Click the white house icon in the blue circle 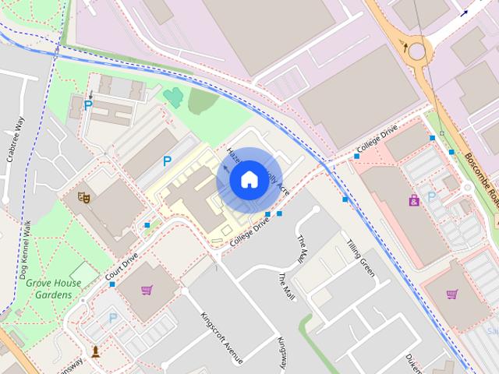pyautogui.click(x=249, y=179)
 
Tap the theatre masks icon pyautogui.click(x=83, y=197)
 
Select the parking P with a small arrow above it pyautogui.click(x=88, y=104)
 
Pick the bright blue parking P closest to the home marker pyautogui.click(x=167, y=161)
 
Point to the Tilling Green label pyautogui.click(x=361, y=258)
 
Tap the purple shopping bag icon pyautogui.click(x=413, y=200)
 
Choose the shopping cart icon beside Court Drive pyautogui.click(x=147, y=291)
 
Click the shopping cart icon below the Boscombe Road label pyautogui.click(x=452, y=295)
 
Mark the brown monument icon pyautogui.click(x=96, y=351)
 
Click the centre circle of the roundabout pyautogui.click(x=417, y=51)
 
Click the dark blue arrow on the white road pyautogui.click(x=465, y=12)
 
